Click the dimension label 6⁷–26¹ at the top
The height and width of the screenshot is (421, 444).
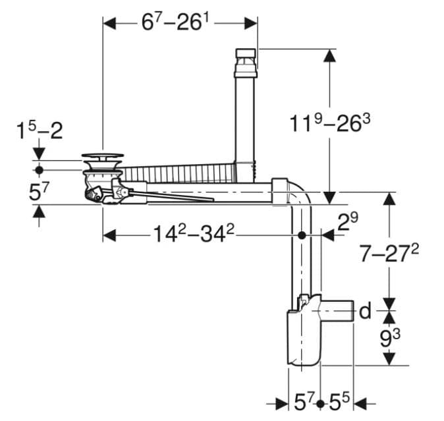pos(175,22)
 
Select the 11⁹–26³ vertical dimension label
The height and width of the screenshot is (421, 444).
pos(330,123)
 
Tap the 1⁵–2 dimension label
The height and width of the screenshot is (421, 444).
pos(40,130)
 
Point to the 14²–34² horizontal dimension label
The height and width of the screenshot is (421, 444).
pos(194,234)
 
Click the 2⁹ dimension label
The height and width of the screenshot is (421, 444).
pos(348,221)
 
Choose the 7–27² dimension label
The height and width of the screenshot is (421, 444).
pos(389,252)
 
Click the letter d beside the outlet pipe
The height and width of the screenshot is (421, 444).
pos(365,310)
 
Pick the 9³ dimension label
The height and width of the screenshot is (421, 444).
pos(390,338)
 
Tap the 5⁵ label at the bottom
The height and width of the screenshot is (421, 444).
pos(339,402)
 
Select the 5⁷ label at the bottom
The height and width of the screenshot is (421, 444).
pos(304,402)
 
